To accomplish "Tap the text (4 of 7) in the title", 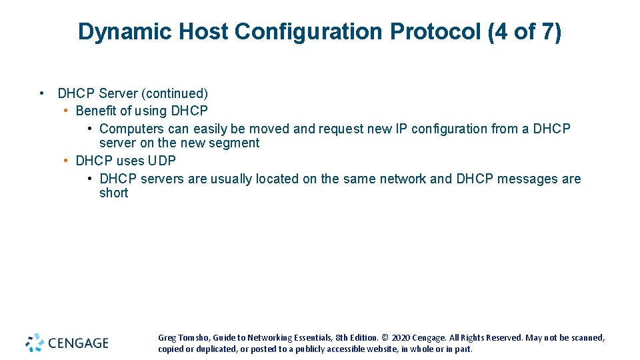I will point(525,31).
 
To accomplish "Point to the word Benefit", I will point(96,111).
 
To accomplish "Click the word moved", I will point(270,129).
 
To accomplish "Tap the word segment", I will point(233,143).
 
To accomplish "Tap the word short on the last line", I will point(113,193).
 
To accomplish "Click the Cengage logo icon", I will point(35,343).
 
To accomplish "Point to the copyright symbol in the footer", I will point(385,338).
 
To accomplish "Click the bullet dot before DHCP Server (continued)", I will point(42,93).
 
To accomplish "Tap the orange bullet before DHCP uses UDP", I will point(66,161).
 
